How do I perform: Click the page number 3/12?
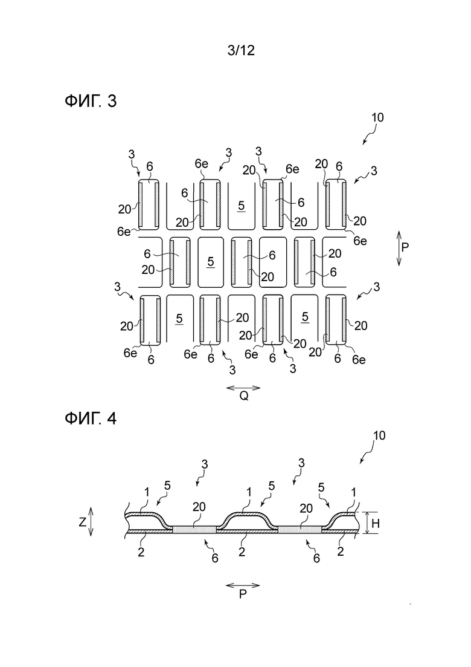click(241, 51)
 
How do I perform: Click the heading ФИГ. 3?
click(91, 101)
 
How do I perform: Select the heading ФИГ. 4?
click(91, 418)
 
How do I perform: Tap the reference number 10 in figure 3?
click(377, 117)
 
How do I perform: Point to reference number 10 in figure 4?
click(379, 435)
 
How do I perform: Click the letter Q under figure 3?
click(244, 396)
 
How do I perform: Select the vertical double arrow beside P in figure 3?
click(399, 249)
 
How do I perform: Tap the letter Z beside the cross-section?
click(82, 522)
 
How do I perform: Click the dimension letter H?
click(376, 524)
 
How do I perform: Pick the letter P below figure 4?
click(243, 594)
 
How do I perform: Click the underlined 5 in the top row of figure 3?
click(241, 206)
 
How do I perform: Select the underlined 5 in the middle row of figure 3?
click(211, 262)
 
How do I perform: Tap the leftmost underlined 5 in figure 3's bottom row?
click(179, 319)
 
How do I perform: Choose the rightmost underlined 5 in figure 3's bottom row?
click(304, 317)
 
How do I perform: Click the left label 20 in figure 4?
click(199, 507)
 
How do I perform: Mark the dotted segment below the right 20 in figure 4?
click(300, 529)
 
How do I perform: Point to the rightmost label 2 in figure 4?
click(340, 551)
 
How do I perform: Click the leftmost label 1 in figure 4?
click(147, 493)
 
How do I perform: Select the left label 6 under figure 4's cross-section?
click(215, 558)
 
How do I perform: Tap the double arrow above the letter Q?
click(243, 388)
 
